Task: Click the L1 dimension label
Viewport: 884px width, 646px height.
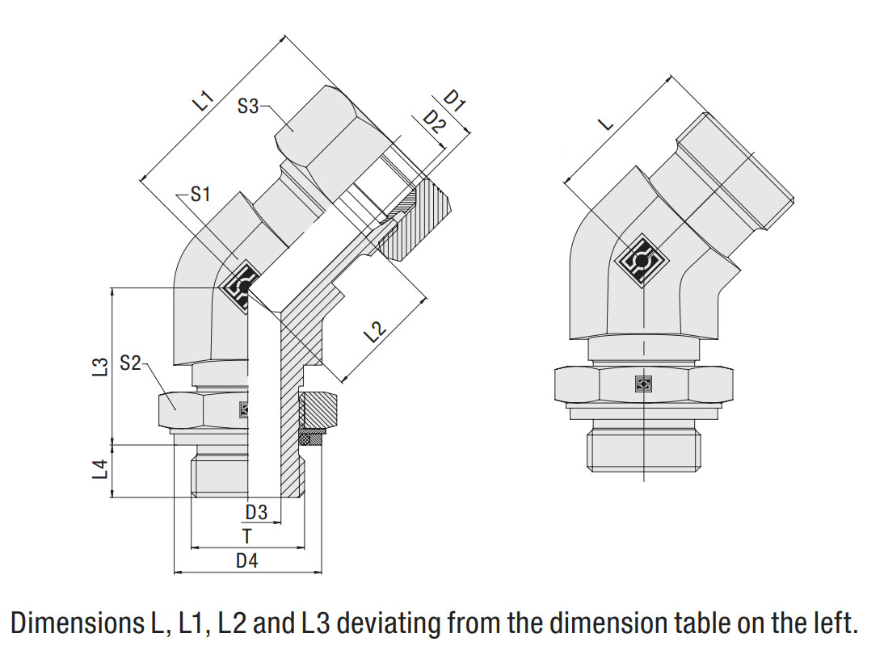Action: click(x=203, y=101)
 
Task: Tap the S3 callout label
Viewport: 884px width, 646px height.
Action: click(x=248, y=106)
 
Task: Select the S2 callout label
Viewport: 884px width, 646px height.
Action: click(x=131, y=363)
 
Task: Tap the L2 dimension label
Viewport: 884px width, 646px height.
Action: click(x=375, y=332)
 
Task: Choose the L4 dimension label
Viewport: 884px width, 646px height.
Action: click(x=100, y=470)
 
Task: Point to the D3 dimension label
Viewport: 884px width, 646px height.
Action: click(x=256, y=511)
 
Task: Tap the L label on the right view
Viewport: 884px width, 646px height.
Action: click(x=606, y=124)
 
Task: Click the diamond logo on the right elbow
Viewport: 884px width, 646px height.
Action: click(x=642, y=261)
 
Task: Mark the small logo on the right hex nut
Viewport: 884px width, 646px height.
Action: click(x=643, y=384)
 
